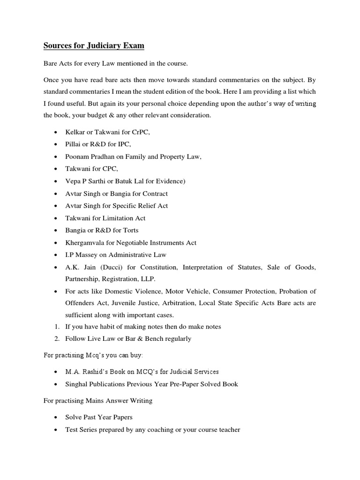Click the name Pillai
click(73, 145)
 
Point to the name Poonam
click(77, 157)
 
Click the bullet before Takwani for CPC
click(56, 169)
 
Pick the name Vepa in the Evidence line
click(73, 181)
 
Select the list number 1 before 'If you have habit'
click(56, 327)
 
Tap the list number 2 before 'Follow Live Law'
click(56, 338)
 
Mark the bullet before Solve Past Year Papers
click(56, 417)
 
